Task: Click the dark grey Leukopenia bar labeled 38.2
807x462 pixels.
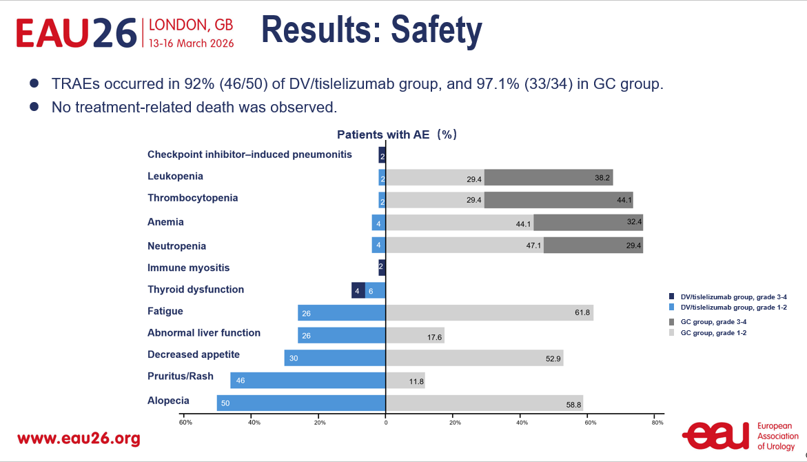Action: click(549, 177)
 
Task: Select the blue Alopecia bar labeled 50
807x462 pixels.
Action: click(301, 403)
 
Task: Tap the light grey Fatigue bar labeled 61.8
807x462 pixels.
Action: click(489, 312)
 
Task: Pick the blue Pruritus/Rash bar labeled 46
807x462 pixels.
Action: click(308, 380)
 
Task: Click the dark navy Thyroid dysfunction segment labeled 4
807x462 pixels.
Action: click(358, 290)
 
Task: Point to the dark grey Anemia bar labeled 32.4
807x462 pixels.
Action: click(588, 223)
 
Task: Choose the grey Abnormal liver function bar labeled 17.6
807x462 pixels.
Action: click(415, 335)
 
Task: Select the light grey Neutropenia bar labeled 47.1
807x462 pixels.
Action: click(464, 245)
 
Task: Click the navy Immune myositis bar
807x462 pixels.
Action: click(382, 268)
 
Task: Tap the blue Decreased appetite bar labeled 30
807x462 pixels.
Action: click(335, 357)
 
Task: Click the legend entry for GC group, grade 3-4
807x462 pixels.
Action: click(709, 322)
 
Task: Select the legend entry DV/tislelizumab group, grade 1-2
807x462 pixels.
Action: click(728, 307)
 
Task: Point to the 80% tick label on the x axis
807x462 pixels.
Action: click(657, 422)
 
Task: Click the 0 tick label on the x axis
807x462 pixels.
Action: click(385, 422)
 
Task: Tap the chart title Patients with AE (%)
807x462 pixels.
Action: click(396, 135)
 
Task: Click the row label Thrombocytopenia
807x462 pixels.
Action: click(193, 198)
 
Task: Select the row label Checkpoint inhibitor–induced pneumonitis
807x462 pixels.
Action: click(249, 154)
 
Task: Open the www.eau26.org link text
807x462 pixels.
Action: click(79, 439)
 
